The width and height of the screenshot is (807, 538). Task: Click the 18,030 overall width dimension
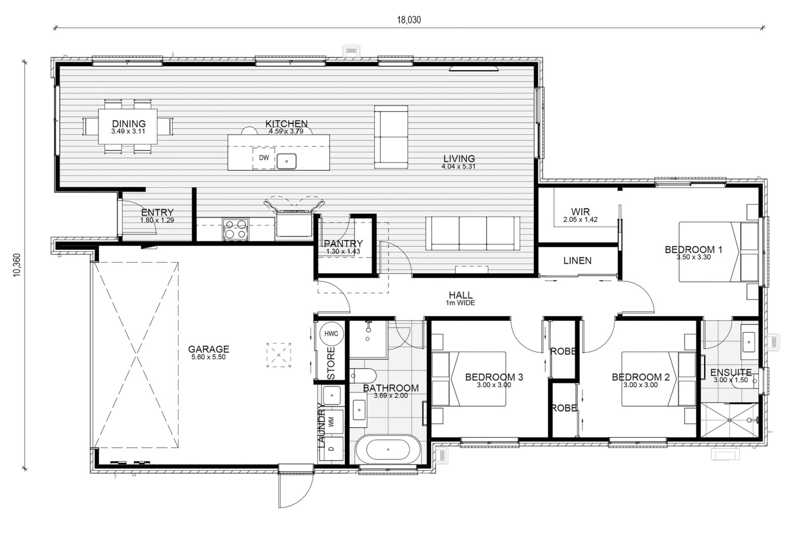[409, 20]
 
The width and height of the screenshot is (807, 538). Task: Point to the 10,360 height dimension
[17, 265]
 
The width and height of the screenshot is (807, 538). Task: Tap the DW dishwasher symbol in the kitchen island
[264, 158]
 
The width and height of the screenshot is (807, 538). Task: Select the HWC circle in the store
[331, 334]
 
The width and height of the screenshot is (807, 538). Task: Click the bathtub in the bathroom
[388, 450]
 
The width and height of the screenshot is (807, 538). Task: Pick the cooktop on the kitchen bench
[235, 229]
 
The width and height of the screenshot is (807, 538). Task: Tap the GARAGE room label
[208, 349]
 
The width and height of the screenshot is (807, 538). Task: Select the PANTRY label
[343, 244]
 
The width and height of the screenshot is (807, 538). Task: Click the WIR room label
[580, 212]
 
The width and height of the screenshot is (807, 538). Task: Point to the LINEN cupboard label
[577, 261]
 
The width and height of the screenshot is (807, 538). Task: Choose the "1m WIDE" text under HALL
[460, 303]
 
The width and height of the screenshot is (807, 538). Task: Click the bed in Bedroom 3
[469, 379]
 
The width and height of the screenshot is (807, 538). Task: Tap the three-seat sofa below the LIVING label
[473, 233]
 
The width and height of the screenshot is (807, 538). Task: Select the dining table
[128, 127]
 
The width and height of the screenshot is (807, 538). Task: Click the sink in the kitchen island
[287, 161]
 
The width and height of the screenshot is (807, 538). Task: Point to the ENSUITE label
[731, 372]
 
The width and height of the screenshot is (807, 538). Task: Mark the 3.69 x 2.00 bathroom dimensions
[391, 395]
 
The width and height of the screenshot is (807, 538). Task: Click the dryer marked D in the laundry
[332, 449]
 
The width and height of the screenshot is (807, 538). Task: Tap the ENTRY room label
[157, 212]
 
